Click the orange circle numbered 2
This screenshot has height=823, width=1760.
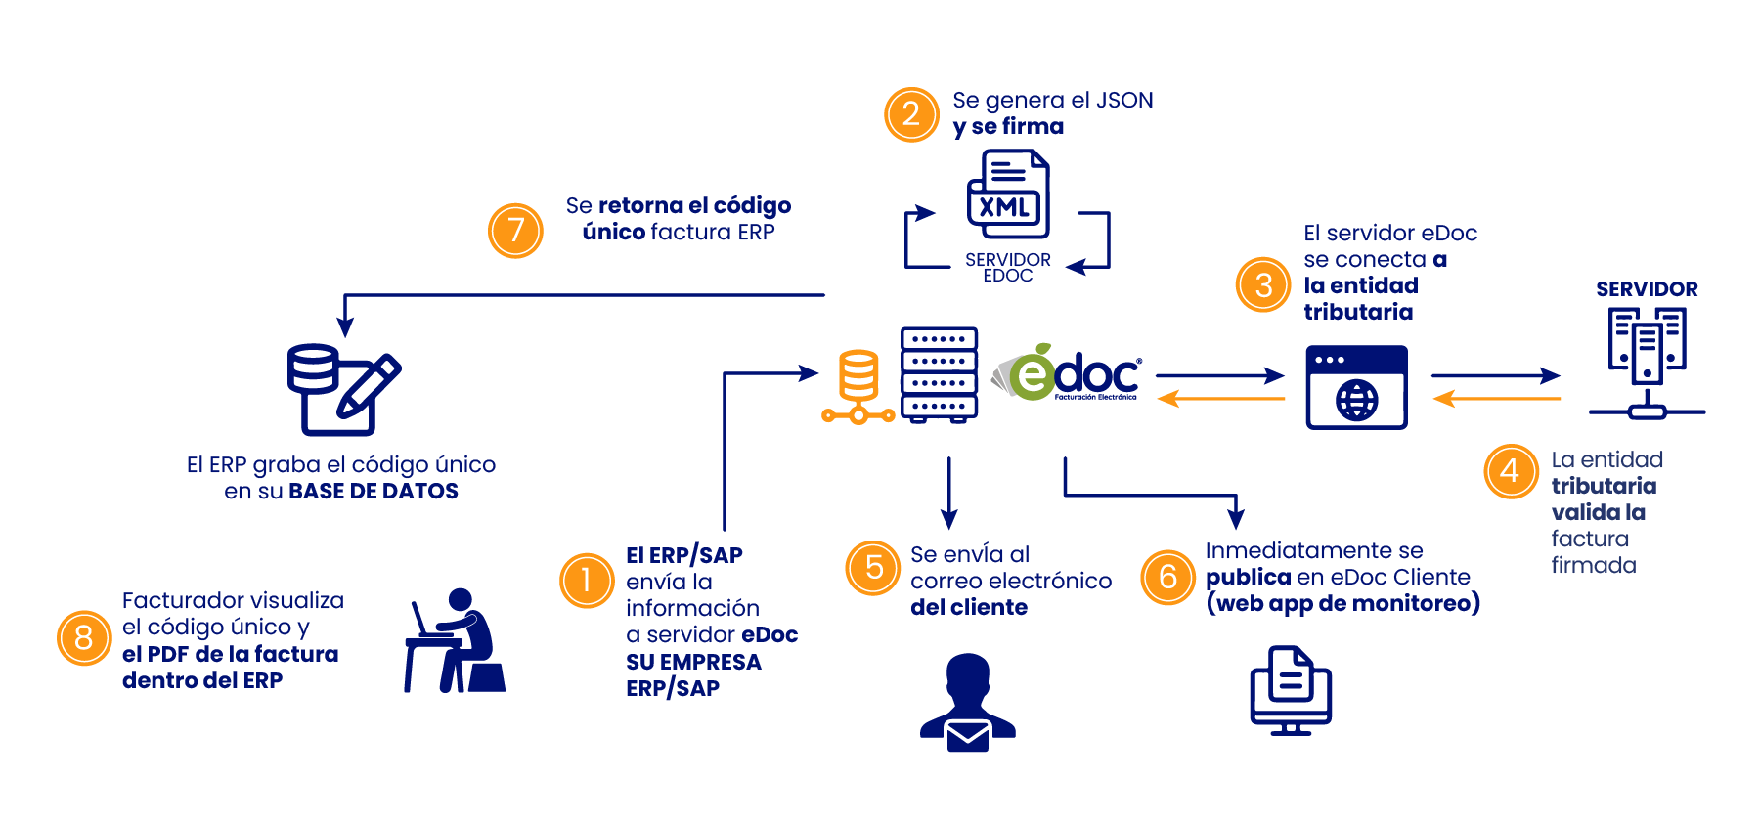911,114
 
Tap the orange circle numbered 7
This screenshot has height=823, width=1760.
515,231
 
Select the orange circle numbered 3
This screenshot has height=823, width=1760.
1263,284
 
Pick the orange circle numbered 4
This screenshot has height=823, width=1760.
1511,471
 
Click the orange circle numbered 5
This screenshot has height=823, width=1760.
873,568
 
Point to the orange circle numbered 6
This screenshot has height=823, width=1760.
1167,577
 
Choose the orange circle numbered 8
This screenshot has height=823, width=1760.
84,638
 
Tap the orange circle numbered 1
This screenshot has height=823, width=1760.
587,581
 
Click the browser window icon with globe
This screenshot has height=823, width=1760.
1356,387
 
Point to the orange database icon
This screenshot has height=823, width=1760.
858,387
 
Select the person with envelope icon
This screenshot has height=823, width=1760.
968,703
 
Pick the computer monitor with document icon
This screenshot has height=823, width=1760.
1291,690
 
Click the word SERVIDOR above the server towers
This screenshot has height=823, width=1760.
1647,289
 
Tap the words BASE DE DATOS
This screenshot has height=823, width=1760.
373,492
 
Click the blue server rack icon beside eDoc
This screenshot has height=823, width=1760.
939,375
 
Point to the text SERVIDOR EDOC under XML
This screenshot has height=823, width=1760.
1008,267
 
